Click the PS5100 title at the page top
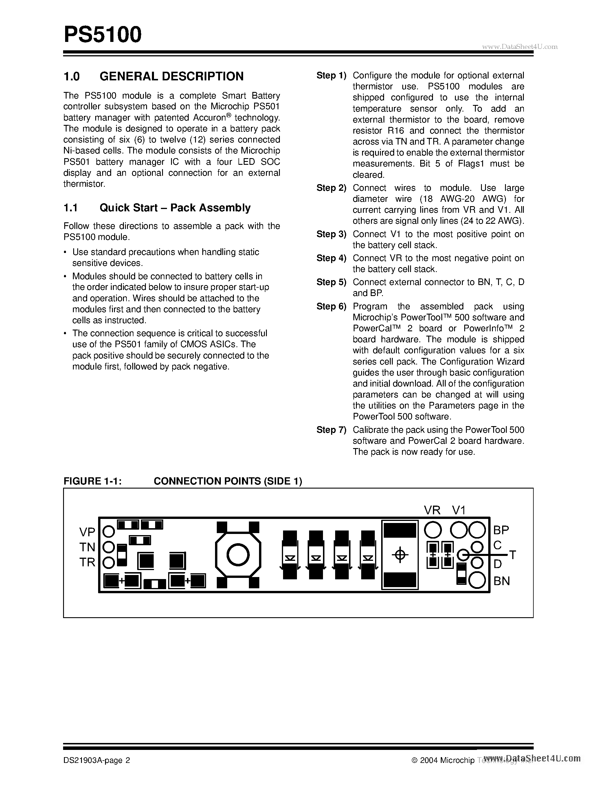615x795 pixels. pos(102,35)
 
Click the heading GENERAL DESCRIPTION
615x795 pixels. pos(171,76)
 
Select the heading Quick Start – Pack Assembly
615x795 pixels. pos(175,208)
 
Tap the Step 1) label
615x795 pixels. pos(331,76)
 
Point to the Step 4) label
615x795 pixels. pos(331,258)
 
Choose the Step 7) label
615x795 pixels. pos(331,430)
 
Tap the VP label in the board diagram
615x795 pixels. pos(87,532)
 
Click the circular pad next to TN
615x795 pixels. pos(109,547)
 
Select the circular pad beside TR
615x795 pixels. pos(109,563)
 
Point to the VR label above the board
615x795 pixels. pos(432,510)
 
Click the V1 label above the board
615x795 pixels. pos(459,510)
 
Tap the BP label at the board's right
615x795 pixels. pos(501,530)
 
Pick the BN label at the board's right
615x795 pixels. pos(501,581)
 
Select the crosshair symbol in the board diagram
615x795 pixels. pos(400,555)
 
